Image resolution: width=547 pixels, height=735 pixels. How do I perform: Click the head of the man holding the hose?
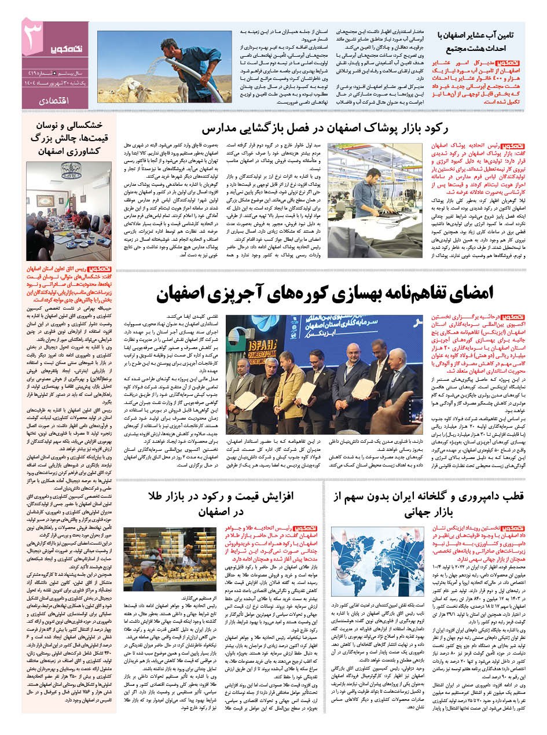coord(172,47)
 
